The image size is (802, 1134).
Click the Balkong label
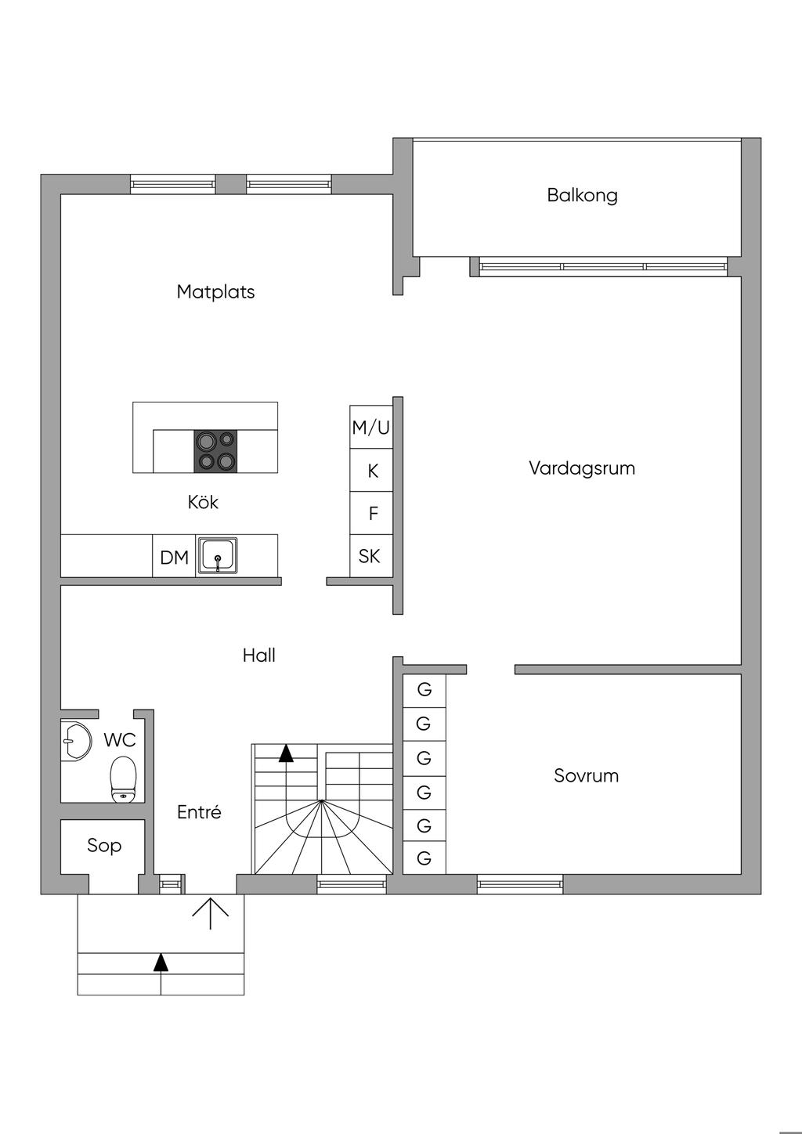[x=582, y=195]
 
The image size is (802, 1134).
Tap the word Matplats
[x=215, y=292]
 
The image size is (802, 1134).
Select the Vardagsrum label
[x=581, y=468]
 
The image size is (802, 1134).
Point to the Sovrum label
[x=586, y=776]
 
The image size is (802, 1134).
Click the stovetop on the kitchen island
[x=215, y=451]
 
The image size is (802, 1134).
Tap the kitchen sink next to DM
[x=217, y=556]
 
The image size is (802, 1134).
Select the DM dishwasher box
[x=174, y=558]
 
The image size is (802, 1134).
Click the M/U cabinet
[x=370, y=428]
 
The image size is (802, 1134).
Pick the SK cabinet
[x=370, y=556]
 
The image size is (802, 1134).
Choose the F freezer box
[x=373, y=514]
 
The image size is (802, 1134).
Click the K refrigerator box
[x=373, y=471]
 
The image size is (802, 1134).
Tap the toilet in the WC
[x=124, y=778]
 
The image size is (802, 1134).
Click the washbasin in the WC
[x=74, y=739]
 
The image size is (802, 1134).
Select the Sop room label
[x=104, y=846]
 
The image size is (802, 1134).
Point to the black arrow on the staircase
[x=286, y=753]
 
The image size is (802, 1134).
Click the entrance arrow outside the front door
[x=211, y=912]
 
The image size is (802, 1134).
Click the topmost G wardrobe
[x=424, y=690]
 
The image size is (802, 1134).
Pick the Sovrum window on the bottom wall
[x=520, y=885]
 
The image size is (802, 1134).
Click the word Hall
[x=258, y=655]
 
